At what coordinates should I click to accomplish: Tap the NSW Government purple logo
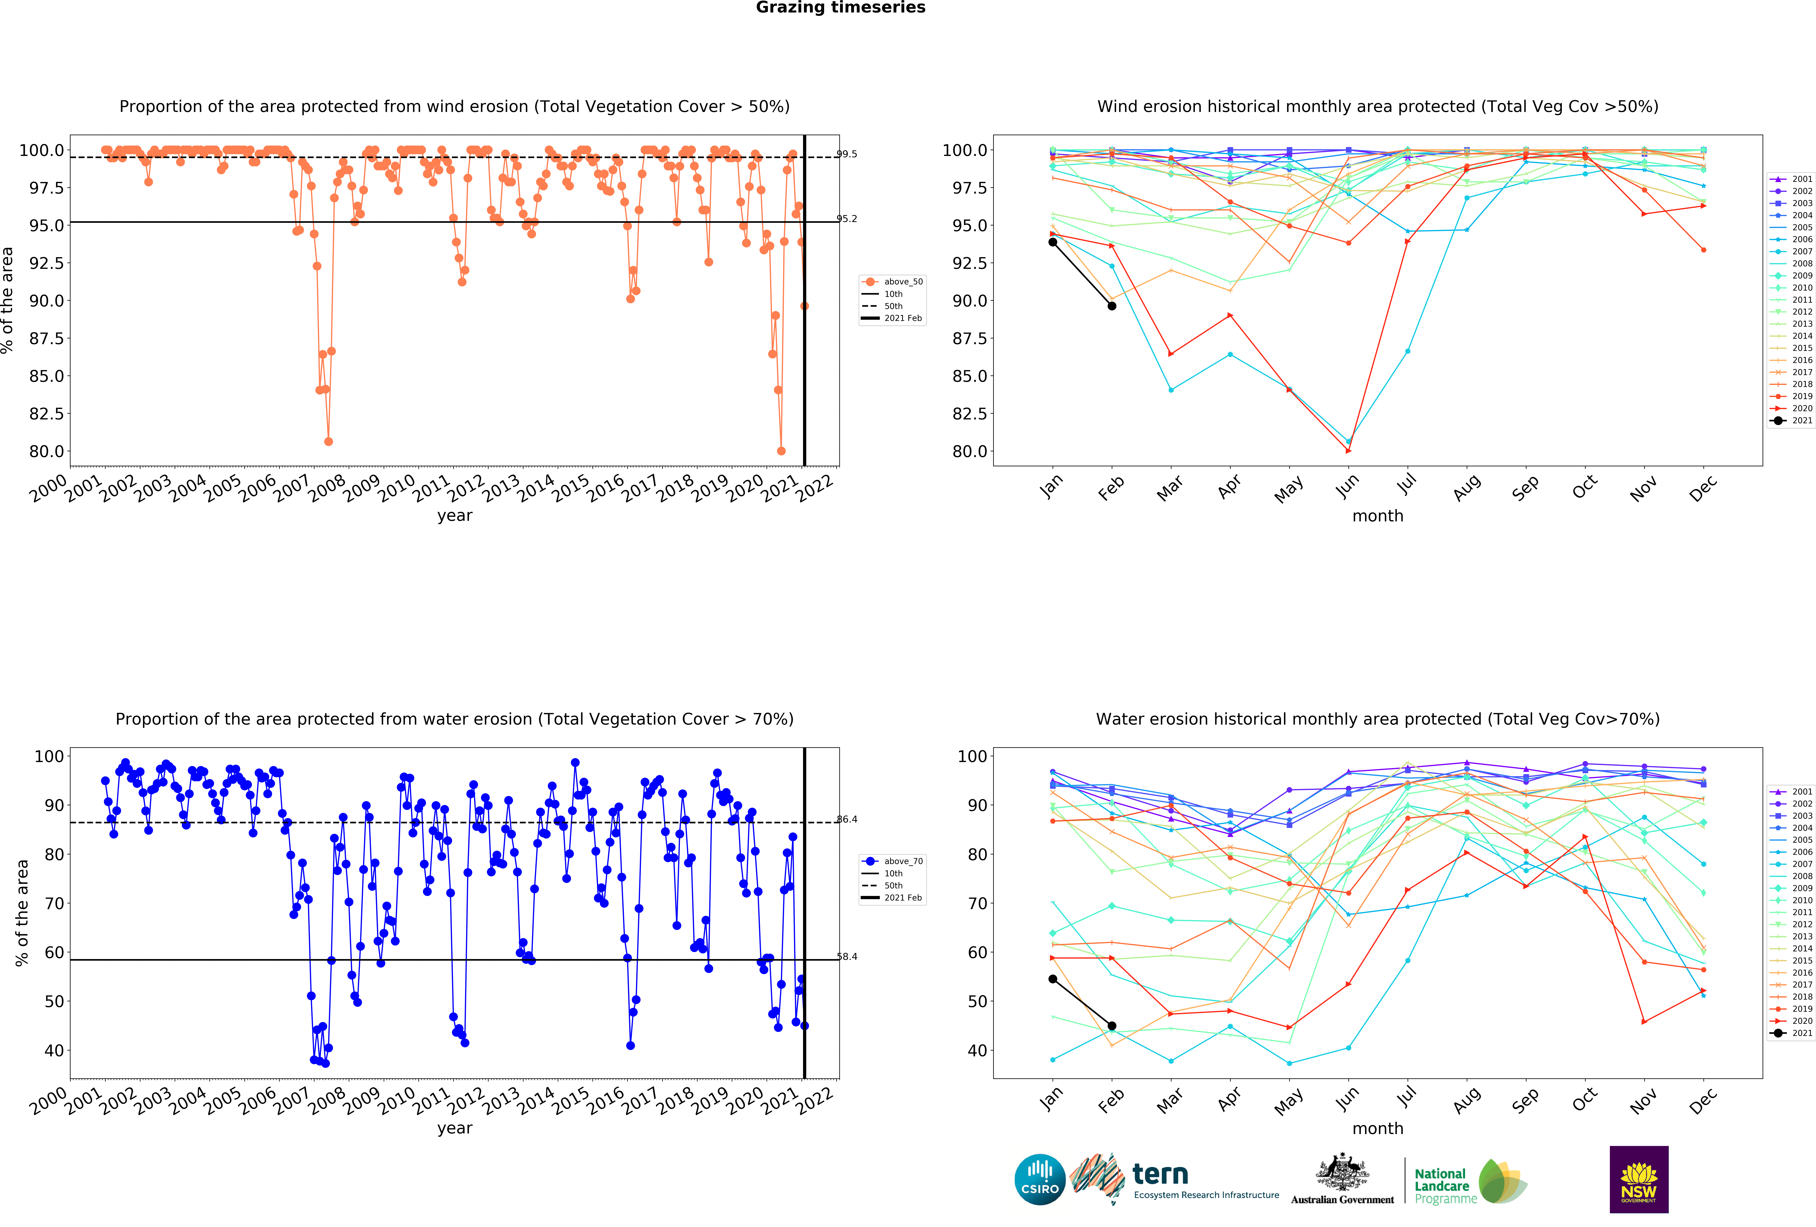[1639, 1179]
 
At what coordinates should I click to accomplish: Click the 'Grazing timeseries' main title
[841, 8]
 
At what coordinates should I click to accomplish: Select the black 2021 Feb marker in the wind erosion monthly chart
[1112, 306]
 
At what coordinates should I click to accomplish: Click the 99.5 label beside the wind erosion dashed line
[847, 154]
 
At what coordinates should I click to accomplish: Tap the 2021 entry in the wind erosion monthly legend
[1791, 420]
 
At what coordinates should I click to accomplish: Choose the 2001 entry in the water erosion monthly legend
[1791, 791]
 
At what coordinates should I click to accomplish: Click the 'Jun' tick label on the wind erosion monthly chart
[1347, 487]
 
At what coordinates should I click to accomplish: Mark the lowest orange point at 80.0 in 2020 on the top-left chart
[781, 451]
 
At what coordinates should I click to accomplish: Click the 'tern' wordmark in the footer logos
[1160, 1174]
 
